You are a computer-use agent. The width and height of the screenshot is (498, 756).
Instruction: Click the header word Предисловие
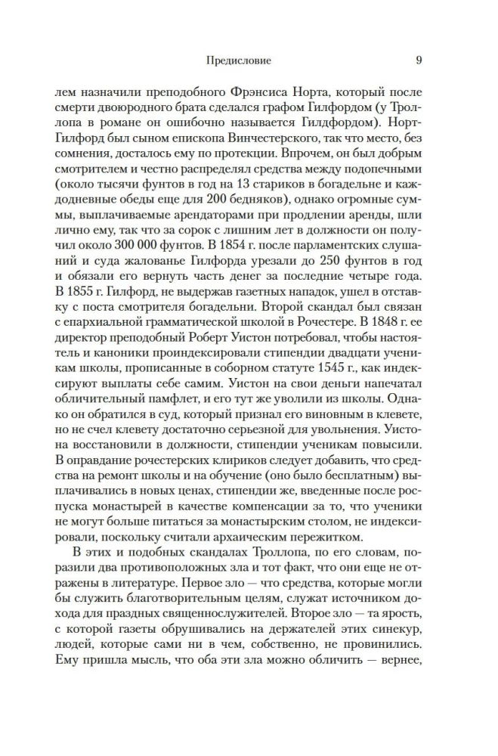coord(238,58)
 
